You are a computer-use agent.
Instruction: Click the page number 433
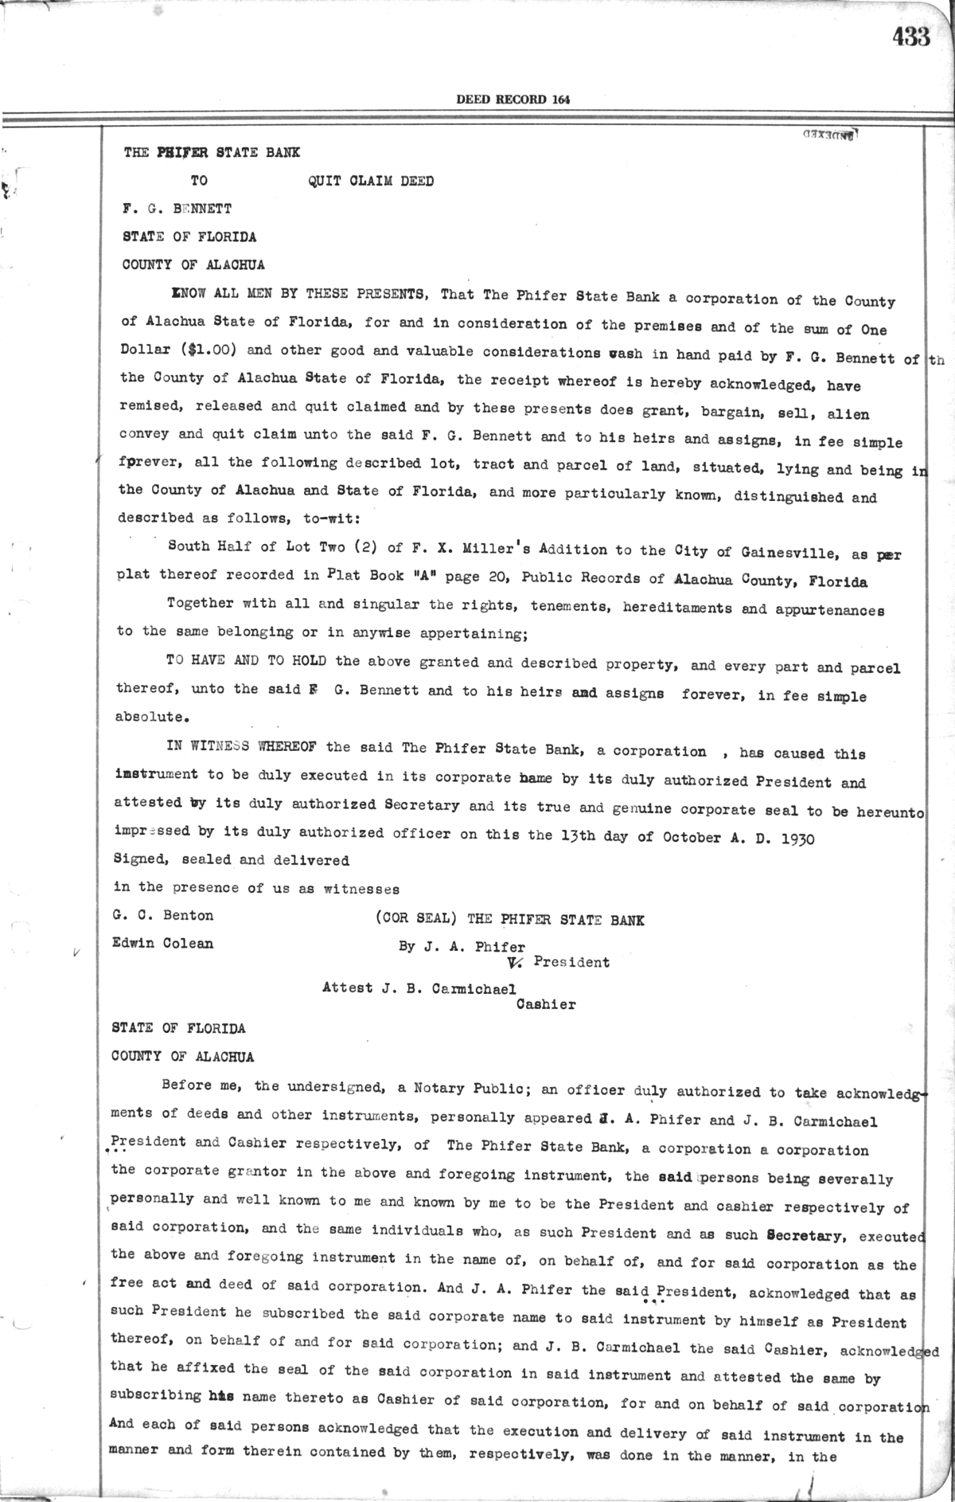pos(910,37)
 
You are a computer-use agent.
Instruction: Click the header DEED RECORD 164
pos(513,100)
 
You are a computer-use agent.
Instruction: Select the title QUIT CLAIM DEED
pos(371,181)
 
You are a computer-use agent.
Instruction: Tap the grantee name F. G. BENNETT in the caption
pos(177,209)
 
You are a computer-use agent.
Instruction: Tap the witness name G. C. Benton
pos(163,915)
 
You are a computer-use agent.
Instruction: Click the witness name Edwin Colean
pos(163,944)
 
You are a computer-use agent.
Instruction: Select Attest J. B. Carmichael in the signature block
pos(419,988)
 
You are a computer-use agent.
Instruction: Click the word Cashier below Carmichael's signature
pos(546,1004)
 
